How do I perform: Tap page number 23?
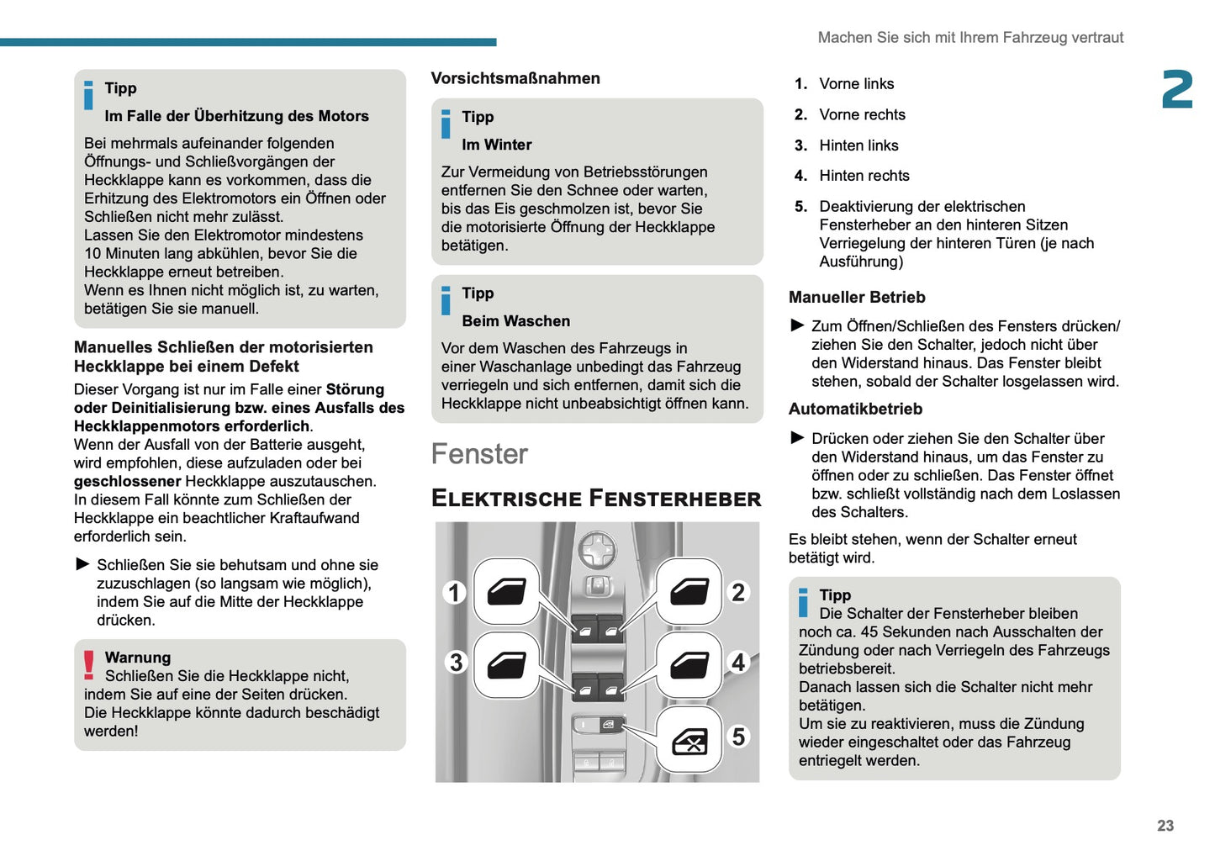coord(1165,826)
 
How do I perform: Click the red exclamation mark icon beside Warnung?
coord(89,665)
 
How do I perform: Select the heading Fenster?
coord(479,454)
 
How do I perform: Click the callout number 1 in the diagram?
coord(455,593)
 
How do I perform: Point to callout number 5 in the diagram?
coord(738,737)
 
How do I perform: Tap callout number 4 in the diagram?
coord(738,663)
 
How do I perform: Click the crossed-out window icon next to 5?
coord(689,741)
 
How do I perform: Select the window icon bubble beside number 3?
coord(507,664)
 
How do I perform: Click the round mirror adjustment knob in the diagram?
coord(597,552)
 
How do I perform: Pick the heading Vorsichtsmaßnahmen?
coord(515,78)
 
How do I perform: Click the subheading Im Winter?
coord(496,145)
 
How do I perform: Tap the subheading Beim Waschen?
coord(515,321)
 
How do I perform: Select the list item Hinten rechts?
coord(864,176)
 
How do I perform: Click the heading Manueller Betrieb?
coord(857,297)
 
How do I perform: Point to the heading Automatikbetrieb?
coord(855,409)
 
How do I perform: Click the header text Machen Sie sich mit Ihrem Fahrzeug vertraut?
coord(970,37)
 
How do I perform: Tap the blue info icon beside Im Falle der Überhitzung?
coord(89,95)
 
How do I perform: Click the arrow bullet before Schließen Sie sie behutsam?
coord(82,564)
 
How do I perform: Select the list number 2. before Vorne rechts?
coord(800,114)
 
